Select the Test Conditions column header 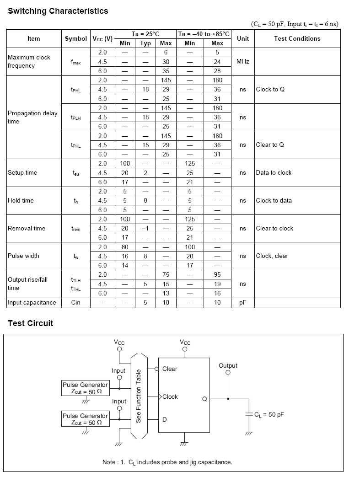(297, 39)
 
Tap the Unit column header (243, 39)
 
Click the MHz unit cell (243, 61)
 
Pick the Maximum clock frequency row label (29, 61)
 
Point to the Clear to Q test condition (270, 145)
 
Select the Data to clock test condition (274, 173)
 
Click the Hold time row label (21, 200)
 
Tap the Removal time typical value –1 (145, 228)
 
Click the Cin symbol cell (76, 302)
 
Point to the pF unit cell (243, 302)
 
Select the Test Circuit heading (30, 323)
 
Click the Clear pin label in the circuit (170, 369)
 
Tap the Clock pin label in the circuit (170, 396)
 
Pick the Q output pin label (204, 399)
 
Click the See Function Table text (139, 396)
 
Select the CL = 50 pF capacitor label (269, 415)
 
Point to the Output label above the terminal (228, 365)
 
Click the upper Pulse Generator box (86, 388)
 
